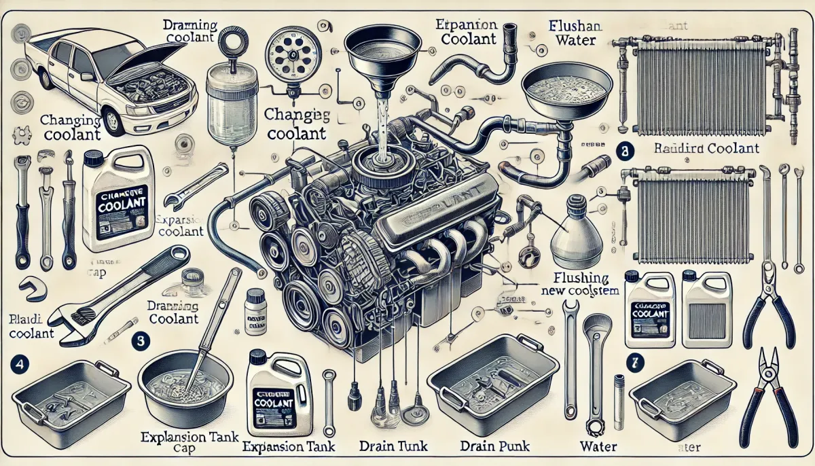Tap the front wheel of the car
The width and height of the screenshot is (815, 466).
tap(114, 122)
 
